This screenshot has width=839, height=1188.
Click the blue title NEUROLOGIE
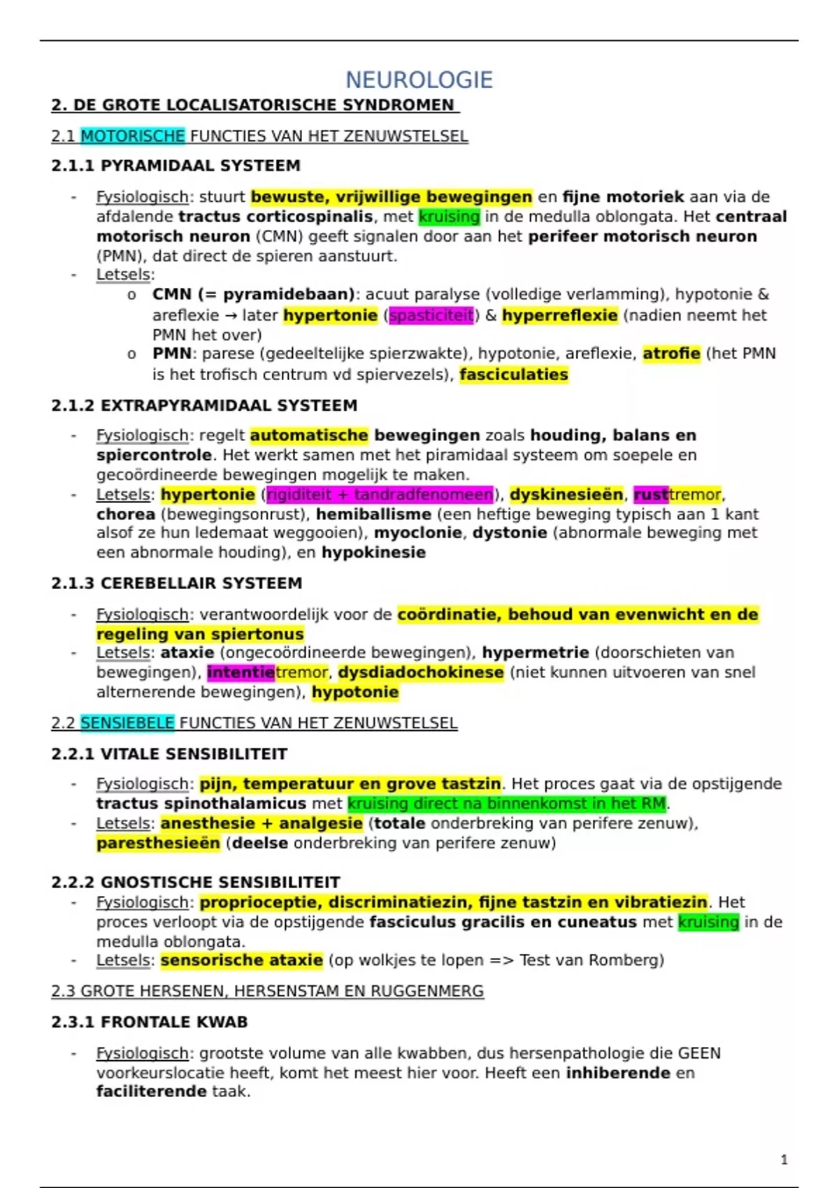click(x=419, y=80)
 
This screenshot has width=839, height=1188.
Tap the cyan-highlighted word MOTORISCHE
click(x=132, y=136)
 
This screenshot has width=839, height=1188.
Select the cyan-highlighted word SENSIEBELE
click(x=127, y=723)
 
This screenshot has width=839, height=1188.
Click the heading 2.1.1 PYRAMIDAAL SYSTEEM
click(x=175, y=166)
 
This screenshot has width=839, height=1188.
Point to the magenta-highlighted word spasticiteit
click(x=431, y=315)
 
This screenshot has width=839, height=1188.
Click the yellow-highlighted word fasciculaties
click(x=514, y=375)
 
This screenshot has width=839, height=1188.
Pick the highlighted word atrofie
click(x=671, y=354)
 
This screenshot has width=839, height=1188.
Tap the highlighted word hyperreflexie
click(x=559, y=315)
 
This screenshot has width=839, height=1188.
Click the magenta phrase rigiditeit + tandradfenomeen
click(x=380, y=495)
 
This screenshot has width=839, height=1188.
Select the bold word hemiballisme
click(x=373, y=514)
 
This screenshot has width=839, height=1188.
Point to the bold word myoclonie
click(x=417, y=533)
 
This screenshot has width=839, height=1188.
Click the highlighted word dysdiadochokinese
click(x=421, y=672)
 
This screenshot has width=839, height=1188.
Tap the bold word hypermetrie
click(x=536, y=653)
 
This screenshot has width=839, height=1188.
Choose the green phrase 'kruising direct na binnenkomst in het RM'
click(x=507, y=804)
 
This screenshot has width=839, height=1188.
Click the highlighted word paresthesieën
click(x=158, y=843)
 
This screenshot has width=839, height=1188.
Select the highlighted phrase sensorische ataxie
click(x=241, y=960)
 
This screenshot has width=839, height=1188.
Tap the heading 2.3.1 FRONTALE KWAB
click(x=149, y=1022)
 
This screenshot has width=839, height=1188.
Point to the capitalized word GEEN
click(x=699, y=1053)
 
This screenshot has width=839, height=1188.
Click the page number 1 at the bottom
click(x=784, y=1159)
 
